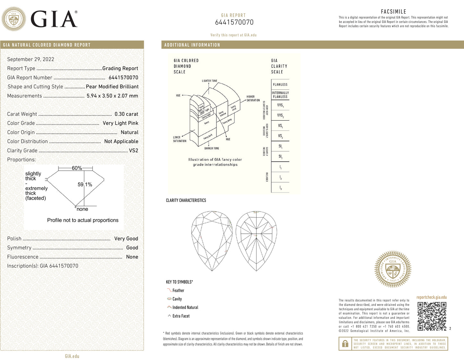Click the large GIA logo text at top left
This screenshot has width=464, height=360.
54,19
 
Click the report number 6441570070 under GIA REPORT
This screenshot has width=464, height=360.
234,22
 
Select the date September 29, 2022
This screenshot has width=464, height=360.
31,59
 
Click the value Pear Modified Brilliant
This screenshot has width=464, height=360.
112,86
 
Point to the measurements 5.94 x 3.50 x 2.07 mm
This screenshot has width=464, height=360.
112,96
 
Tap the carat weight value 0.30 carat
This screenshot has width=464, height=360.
126,114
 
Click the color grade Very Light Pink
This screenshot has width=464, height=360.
120,123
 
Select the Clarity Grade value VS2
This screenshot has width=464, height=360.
133,150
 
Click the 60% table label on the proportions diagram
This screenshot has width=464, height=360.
77,168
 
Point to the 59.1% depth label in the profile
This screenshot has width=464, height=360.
85,184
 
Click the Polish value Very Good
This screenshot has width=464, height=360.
126,239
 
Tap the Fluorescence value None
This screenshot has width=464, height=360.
132,257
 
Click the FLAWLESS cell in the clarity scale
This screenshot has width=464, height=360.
280,85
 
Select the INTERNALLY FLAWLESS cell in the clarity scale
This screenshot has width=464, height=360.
280,95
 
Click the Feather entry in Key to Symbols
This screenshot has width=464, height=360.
178,291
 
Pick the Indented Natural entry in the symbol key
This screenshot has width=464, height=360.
185,308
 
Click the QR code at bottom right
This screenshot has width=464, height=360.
432,316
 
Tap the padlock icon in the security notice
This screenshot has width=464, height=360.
345,344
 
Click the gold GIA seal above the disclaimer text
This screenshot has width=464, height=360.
393,269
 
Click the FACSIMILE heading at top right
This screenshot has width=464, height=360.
393,12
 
